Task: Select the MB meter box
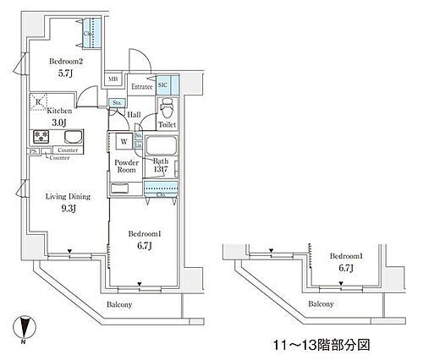(x=113, y=82)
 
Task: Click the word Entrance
(x=140, y=85)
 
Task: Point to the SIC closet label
(x=163, y=85)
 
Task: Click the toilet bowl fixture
(x=168, y=108)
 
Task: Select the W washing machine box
(x=124, y=142)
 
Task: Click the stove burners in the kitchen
(x=40, y=137)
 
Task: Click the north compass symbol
(x=25, y=325)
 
